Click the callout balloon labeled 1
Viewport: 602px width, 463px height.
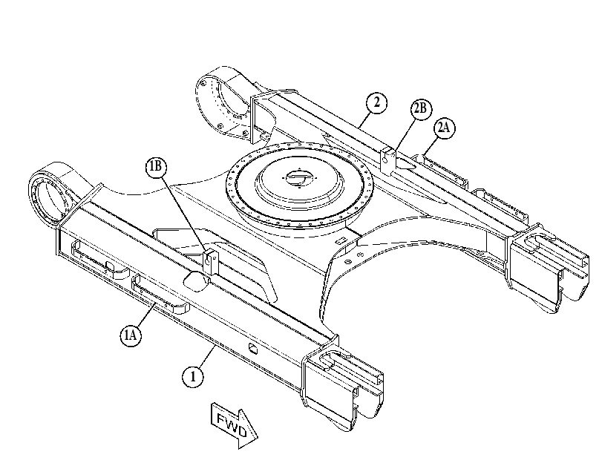(x=193, y=377)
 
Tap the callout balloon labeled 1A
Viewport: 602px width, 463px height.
(x=131, y=335)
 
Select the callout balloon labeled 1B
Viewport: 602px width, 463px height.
(x=156, y=167)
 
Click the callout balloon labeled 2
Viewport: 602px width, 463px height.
(x=376, y=102)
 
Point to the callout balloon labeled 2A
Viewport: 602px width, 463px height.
(x=444, y=128)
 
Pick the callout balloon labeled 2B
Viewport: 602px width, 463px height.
(x=421, y=109)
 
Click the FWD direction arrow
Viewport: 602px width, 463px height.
(x=235, y=425)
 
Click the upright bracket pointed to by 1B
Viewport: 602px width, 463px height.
(x=210, y=263)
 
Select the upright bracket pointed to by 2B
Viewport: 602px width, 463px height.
(x=388, y=160)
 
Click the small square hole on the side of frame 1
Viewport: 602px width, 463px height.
(x=252, y=349)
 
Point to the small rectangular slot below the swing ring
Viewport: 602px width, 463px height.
(x=339, y=240)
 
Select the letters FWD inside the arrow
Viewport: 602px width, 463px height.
(x=232, y=424)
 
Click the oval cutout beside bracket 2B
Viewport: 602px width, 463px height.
(x=405, y=164)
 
